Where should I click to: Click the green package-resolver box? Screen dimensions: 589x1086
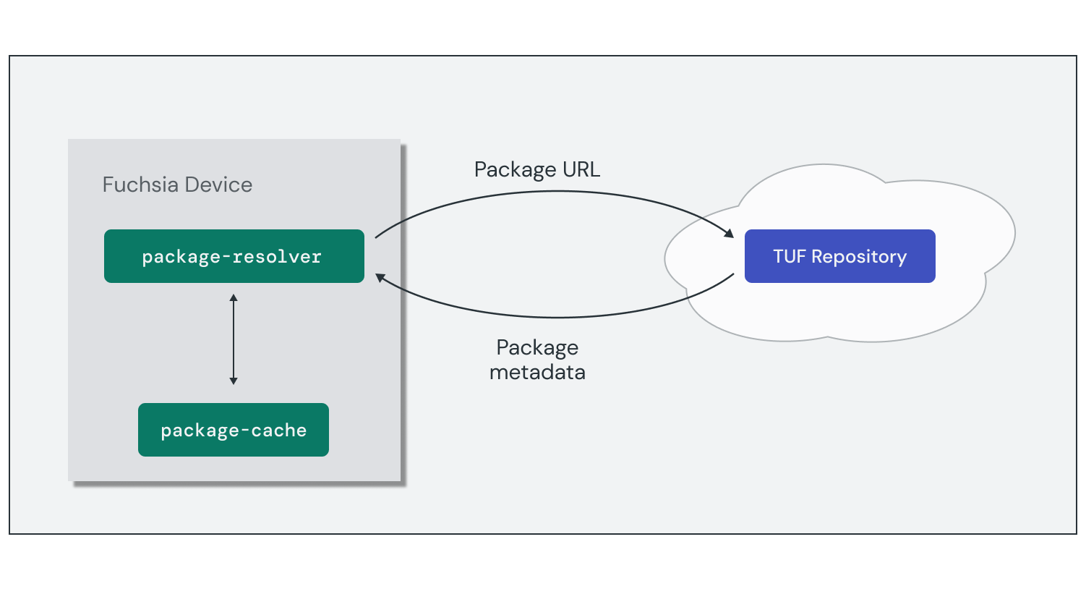[x=234, y=256]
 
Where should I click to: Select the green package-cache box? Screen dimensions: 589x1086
[x=233, y=430]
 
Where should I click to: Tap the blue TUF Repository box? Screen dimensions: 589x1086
[x=839, y=256]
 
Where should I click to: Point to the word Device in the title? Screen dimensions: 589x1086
[x=218, y=185]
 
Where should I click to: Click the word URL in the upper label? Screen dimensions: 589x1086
[x=581, y=169]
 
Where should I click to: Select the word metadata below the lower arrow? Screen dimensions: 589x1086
[x=537, y=373]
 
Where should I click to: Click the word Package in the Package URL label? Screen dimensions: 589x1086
[x=515, y=170]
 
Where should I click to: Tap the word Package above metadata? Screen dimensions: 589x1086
[x=537, y=348]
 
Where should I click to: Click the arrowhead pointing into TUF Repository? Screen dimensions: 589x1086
[x=729, y=233]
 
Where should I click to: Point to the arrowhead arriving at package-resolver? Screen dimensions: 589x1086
[x=380, y=278]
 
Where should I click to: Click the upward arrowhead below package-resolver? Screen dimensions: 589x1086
[x=234, y=297]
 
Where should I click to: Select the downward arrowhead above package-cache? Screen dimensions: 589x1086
[x=234, y=381]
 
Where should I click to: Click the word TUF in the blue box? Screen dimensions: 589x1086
[x=789, y=257]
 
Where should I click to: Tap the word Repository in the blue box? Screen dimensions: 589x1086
[x=859, y=257]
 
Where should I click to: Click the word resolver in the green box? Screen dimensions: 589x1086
[x=277, y=257]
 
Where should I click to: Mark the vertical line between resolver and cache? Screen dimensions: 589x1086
[x=234, y=339]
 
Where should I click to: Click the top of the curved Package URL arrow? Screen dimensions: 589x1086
[x=557, y=191]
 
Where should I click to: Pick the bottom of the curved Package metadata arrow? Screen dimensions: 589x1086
[x=557, y=317]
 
